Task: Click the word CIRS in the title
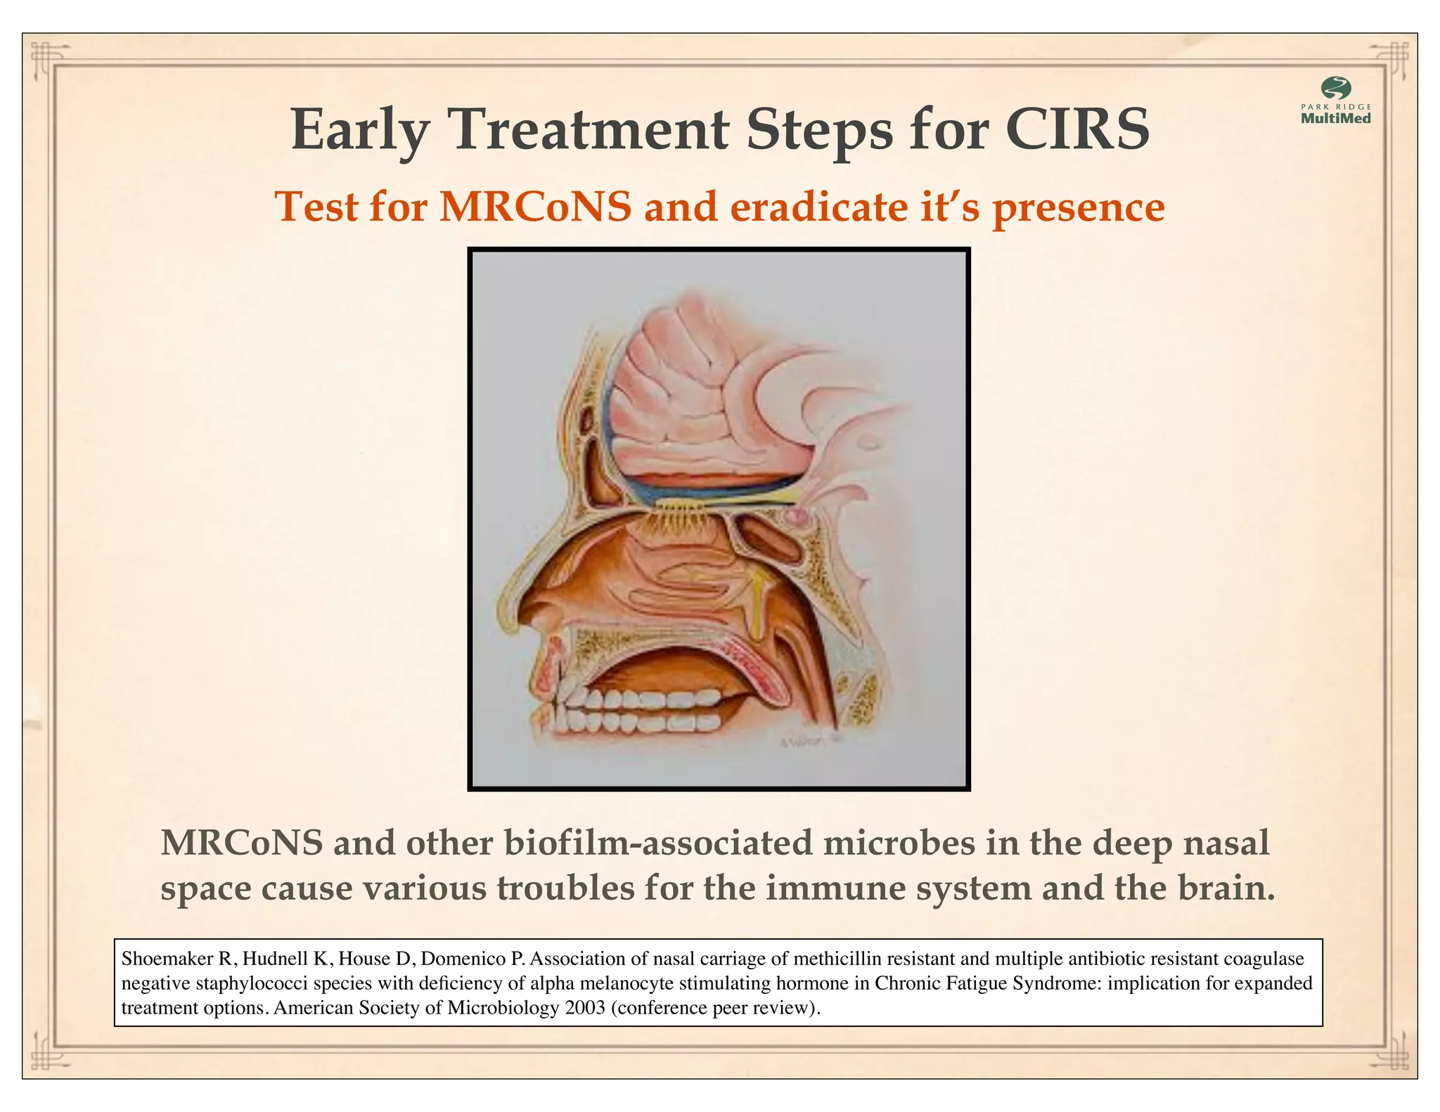1076,130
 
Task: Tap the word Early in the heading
359,131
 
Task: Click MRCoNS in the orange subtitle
535,207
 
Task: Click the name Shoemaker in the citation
167,959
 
